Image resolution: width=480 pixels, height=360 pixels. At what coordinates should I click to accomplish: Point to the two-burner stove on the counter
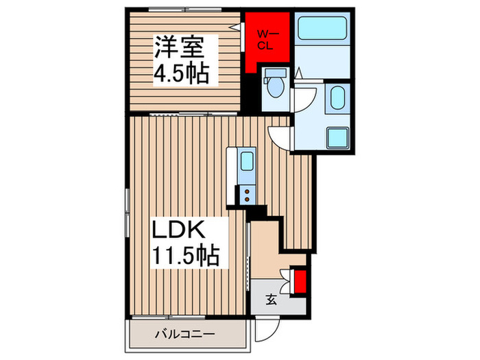tap(246, 195)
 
